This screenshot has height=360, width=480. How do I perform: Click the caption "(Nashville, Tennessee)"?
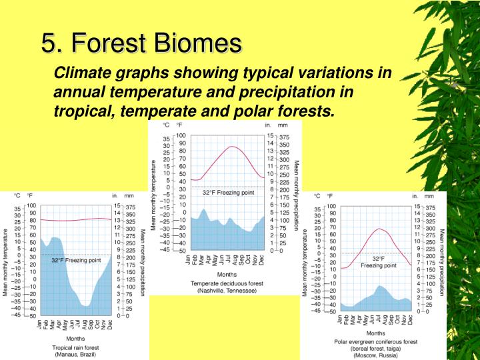[223, 291]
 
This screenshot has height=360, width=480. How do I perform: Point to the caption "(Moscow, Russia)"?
[376, 355]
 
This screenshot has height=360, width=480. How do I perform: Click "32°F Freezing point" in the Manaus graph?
[76, 261]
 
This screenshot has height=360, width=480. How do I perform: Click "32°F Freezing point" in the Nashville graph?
[228, 192]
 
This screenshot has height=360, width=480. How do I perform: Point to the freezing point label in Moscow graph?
[378, 261]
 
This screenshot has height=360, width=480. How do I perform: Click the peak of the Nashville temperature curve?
[231, 147]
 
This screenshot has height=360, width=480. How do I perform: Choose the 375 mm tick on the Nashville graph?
[283, 135]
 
